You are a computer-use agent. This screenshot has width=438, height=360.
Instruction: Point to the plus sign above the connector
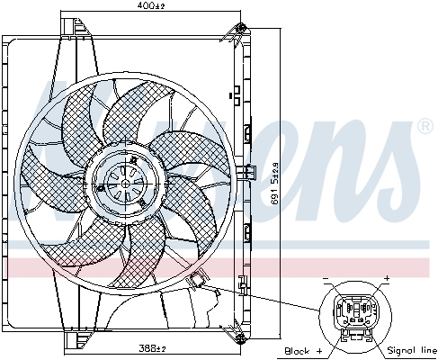click(x=386, y=277)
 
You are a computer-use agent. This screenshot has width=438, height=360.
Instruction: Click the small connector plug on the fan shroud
click(x=197, y=280)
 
